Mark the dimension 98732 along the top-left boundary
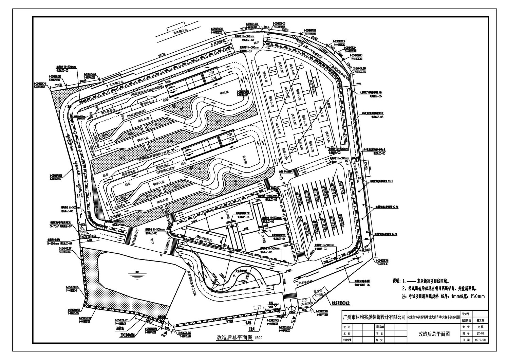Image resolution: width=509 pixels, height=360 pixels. (164, 55)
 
